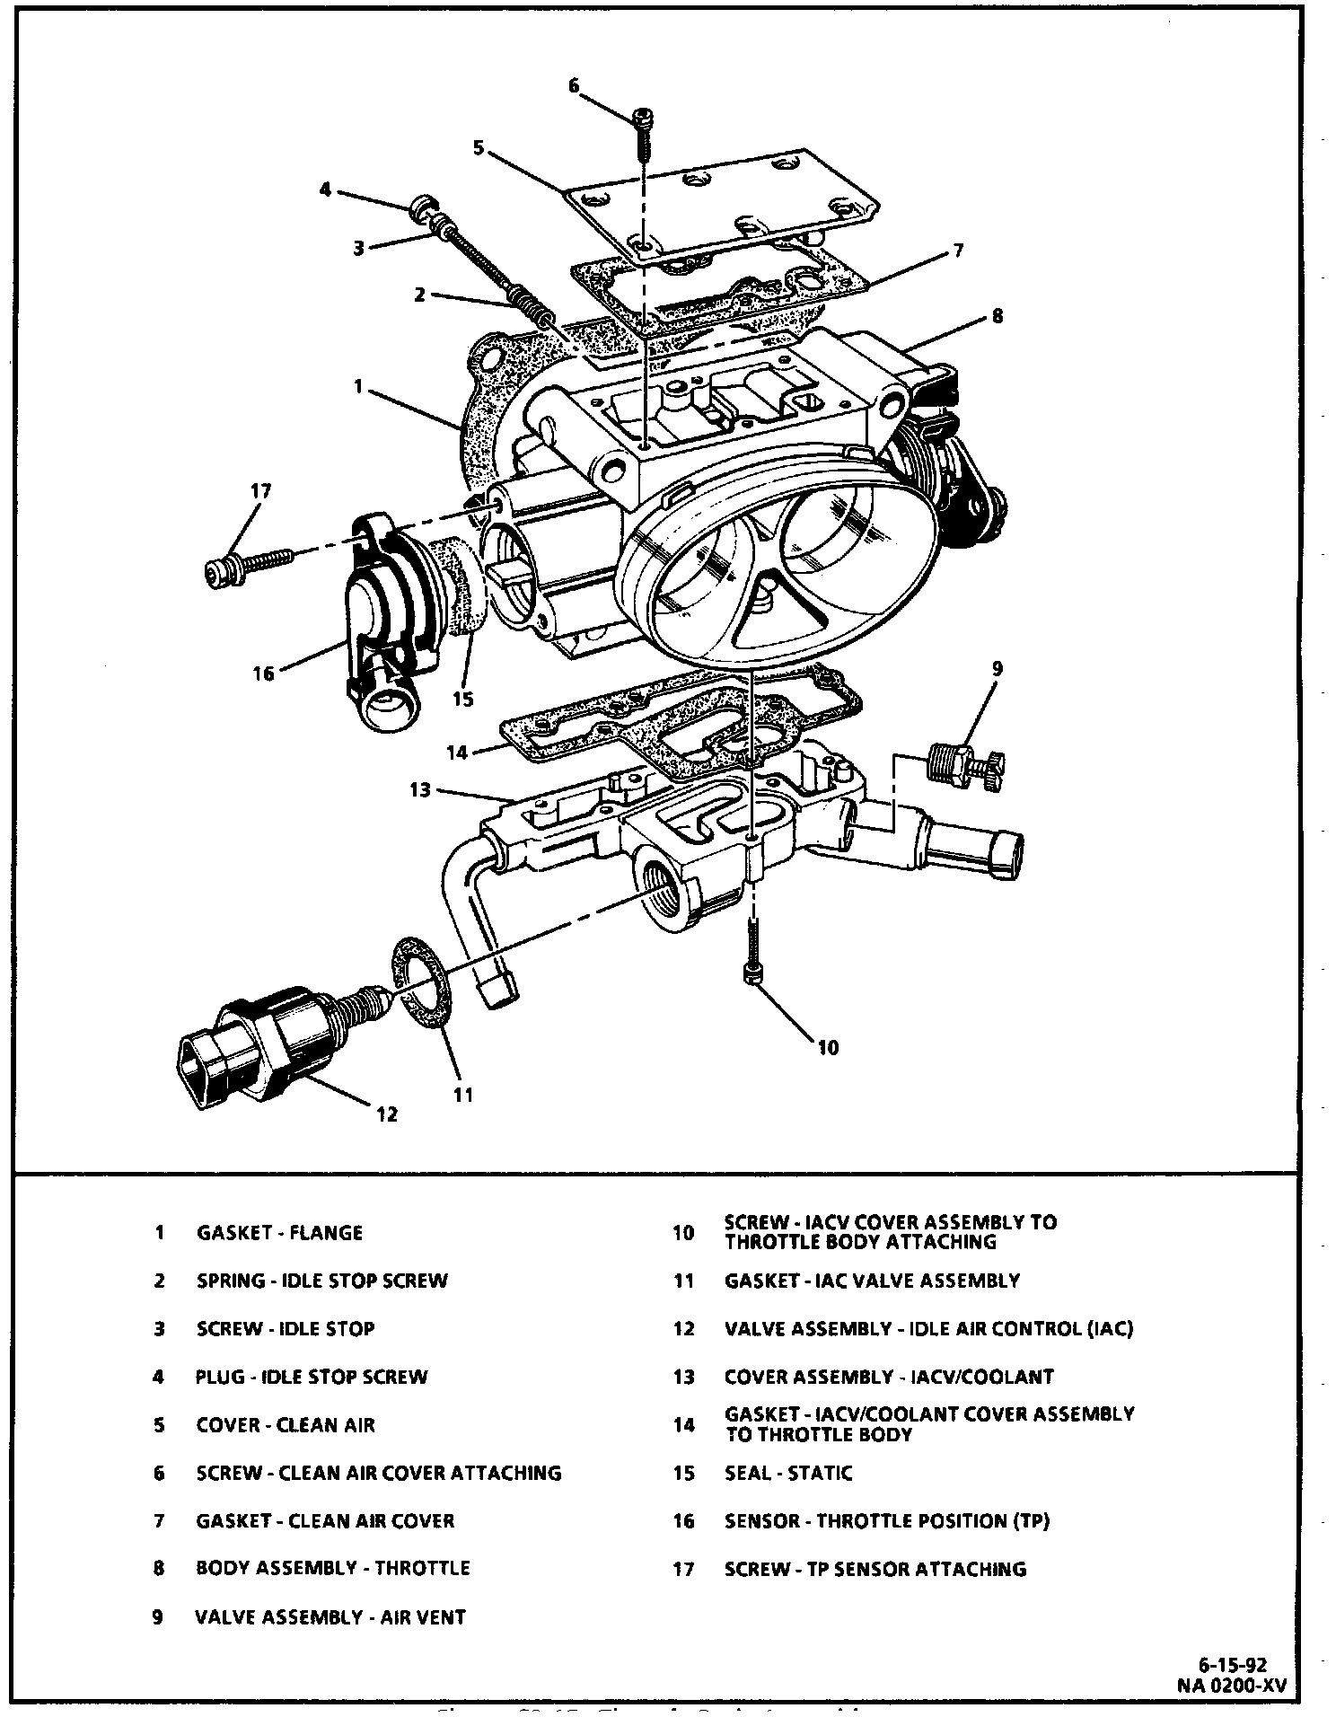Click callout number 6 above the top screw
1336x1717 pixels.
(574, 86)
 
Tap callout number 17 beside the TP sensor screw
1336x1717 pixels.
(260, 491)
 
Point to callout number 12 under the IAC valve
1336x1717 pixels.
(386, 1114)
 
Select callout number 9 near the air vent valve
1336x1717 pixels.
(997, 669)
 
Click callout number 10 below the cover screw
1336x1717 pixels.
(828, 1047)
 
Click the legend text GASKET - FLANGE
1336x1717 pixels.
(279, 1232)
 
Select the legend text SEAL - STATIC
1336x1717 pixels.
(788, 1473)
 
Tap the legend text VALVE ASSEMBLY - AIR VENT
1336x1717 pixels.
(330, 1617)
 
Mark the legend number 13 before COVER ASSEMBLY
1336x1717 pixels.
(683, 1377)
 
